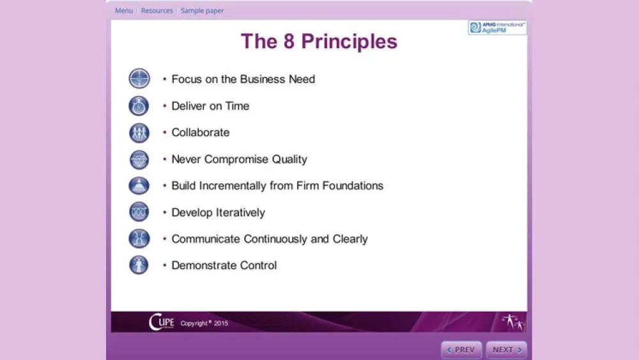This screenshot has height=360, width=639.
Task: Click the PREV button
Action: coord(461,350)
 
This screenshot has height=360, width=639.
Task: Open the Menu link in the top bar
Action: coord(124,11)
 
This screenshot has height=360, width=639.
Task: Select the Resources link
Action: coord(157,11)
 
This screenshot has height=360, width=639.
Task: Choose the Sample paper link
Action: coord(202,11)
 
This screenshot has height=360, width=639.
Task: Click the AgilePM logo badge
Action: coord(497,27)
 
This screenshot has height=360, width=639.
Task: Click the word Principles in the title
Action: coord(349,42)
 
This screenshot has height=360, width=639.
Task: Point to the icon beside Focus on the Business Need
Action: coord(139,79)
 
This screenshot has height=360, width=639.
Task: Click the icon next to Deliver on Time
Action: coord(139,106)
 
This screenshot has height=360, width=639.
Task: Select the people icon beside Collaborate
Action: coord(139,133)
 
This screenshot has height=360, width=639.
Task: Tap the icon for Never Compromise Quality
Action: coord(139,160)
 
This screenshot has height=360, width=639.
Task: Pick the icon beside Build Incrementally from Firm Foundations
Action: coord(139,186)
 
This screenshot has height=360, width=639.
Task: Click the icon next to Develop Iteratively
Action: coord(139,212)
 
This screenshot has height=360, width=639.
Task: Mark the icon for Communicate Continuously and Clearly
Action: coord(139,239)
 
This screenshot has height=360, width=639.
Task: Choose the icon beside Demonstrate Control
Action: coord(139,265)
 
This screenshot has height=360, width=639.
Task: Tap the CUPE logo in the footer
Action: coord(161,322)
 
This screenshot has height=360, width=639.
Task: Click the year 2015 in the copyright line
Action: coord(221,324)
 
